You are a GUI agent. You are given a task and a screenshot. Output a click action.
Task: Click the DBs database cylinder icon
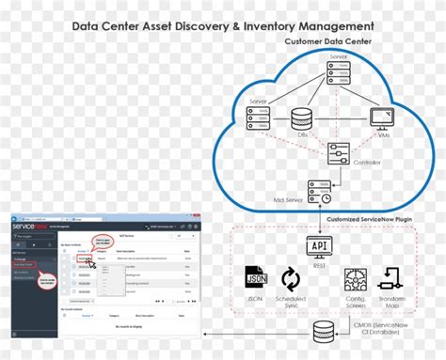(302, 119)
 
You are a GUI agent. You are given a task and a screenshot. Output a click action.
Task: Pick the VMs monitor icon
(381, 118)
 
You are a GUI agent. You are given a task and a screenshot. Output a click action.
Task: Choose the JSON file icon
(255, 279)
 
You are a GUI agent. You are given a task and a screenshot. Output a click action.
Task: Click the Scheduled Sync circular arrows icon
(292, 279)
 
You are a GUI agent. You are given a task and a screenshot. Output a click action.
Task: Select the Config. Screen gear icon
(356, 279)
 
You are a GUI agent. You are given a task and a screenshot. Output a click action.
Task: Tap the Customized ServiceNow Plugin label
(370, 220)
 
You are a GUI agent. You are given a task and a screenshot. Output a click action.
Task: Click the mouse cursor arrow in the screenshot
(91, 264)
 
